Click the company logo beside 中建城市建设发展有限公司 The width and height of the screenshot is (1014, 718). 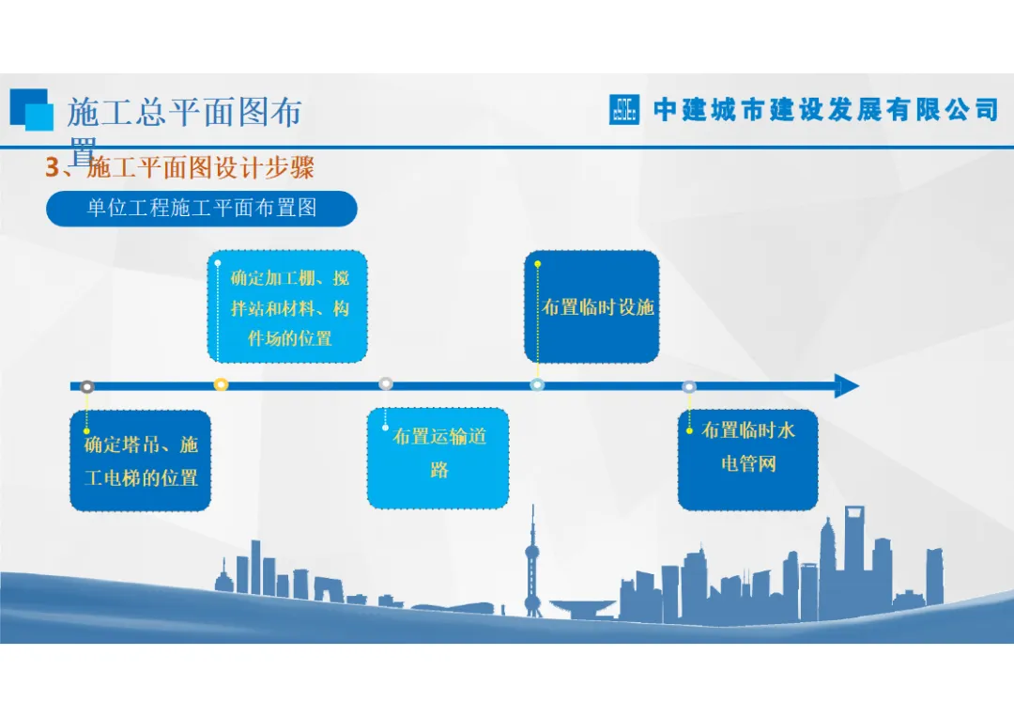point(624,110)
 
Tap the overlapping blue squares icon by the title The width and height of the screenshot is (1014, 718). point(31,109)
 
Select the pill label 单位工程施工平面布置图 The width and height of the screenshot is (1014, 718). point(202,209)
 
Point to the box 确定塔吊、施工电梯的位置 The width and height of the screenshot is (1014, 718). point(141,460)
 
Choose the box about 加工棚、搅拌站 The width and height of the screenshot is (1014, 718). point(287,306)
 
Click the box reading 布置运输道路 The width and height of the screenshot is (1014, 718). point(438,458)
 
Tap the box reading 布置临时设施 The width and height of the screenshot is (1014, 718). point(592,306)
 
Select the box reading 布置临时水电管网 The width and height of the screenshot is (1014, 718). point(747,460)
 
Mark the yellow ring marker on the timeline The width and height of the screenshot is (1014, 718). point(222,384)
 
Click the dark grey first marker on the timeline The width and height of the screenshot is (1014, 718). point(87,386)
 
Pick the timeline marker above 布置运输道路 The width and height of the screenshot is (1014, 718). point(386,383)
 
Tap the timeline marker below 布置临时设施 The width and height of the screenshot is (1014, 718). point(537,384)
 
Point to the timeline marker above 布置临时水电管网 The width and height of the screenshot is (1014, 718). point(689,386)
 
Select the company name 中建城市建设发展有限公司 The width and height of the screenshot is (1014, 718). point(825,110)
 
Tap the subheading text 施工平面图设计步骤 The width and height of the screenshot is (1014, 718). point(200,168)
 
